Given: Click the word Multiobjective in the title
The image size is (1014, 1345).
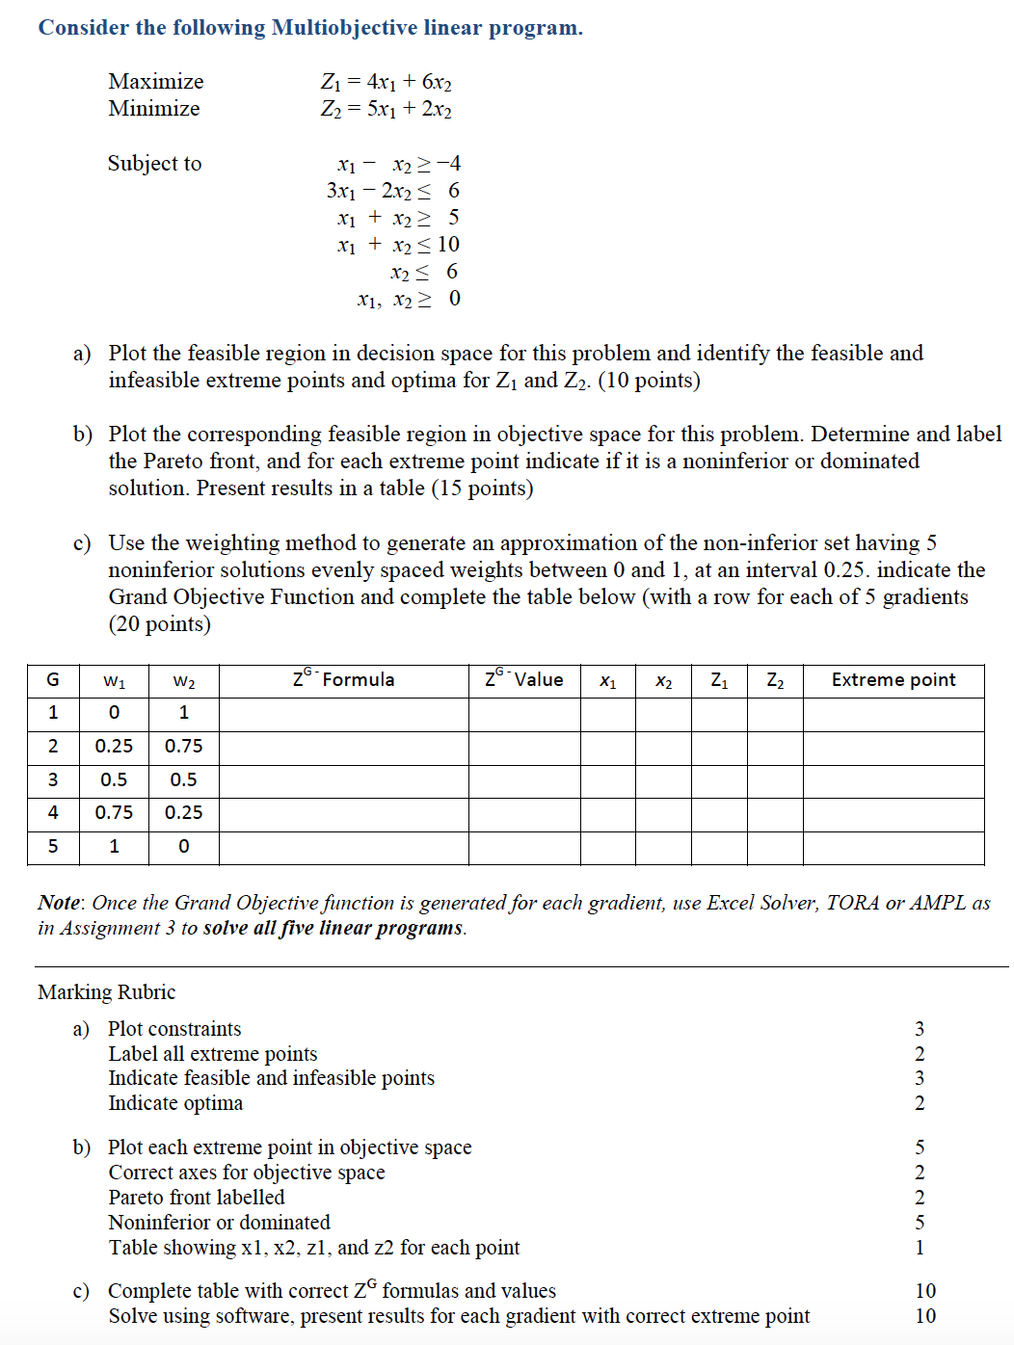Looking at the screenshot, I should [344, 27].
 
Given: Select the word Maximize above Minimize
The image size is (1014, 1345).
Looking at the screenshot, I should [155, 81].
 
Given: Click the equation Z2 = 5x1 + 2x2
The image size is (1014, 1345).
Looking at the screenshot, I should [386, 109].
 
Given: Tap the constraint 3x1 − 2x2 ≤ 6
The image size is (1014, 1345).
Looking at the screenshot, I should [392, 191].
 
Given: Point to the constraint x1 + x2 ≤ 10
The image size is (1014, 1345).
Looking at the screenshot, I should [398, 245].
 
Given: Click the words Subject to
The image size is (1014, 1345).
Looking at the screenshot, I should [154, 164].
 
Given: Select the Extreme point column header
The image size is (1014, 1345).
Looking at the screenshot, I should [893, 680].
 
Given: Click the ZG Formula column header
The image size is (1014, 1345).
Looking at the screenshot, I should [343, 680].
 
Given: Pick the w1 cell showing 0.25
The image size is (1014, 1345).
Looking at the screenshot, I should [114, 747].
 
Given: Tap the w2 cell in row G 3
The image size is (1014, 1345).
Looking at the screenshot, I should [183, 780].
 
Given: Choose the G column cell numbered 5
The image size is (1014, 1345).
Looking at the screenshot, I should [53, 847].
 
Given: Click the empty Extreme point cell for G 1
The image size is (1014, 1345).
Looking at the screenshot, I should [893, 714].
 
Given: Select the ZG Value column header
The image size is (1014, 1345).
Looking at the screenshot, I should [523, 680].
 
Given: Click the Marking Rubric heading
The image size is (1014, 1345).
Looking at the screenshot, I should [106, 992].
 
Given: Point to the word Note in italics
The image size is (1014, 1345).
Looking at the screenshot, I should [59, 903].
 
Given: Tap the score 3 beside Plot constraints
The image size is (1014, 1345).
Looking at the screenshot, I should [919, 1029].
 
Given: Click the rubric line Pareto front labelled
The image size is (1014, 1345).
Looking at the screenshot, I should [197, 1198].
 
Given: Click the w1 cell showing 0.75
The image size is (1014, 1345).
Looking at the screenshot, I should [114, 813].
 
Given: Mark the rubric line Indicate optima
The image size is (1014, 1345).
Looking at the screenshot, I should [175, 1103].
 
